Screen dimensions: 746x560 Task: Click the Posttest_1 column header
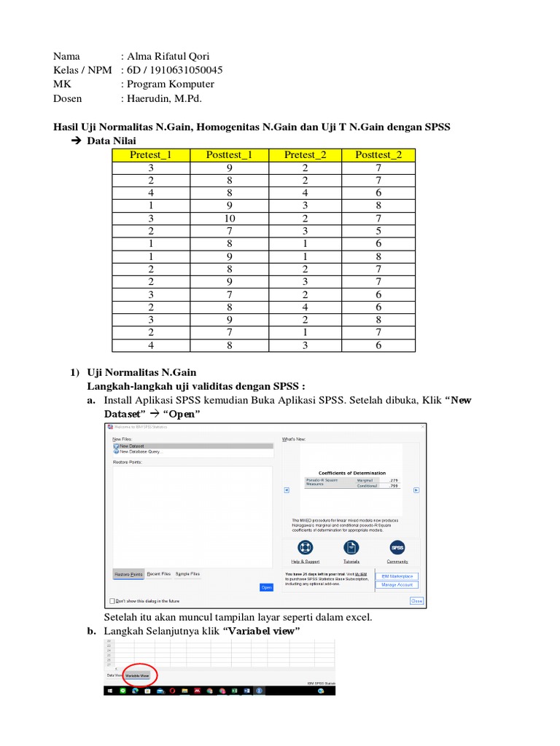coord(229,154)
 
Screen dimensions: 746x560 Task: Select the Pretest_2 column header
coord(306,154)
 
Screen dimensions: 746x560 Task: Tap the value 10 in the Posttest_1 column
coord(229,218)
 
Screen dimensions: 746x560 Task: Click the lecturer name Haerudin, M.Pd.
coord(164,98)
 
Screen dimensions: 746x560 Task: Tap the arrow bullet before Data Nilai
coord(76,141)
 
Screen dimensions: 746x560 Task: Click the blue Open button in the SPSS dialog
coord(266,587)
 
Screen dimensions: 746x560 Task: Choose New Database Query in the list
coord(137,452)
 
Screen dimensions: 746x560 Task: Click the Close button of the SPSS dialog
coord(416,601)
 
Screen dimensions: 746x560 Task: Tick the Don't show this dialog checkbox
coord(112,601)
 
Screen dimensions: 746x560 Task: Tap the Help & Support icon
coord(305,548)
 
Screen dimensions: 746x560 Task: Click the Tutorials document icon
coord(351,548)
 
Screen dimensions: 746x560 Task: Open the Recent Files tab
coord(159,574)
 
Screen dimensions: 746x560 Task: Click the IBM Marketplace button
coord(397,576)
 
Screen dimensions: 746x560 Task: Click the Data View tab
coord(114,675)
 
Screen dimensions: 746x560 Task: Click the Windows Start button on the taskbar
coord(109,689)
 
